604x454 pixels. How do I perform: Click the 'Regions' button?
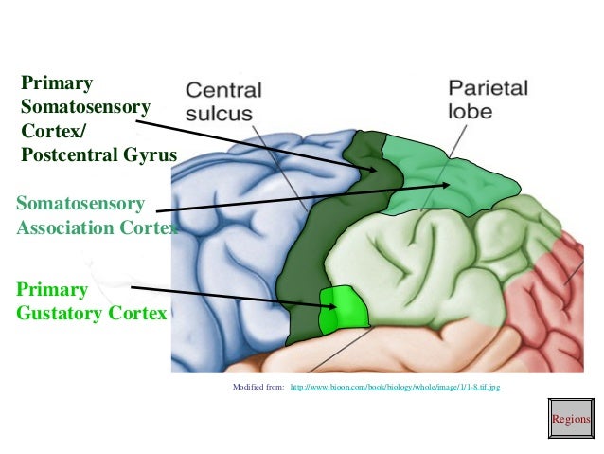pos(570,419)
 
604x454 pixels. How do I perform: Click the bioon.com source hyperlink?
pos(394,388)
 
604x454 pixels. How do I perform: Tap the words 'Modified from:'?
pos(258,388)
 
